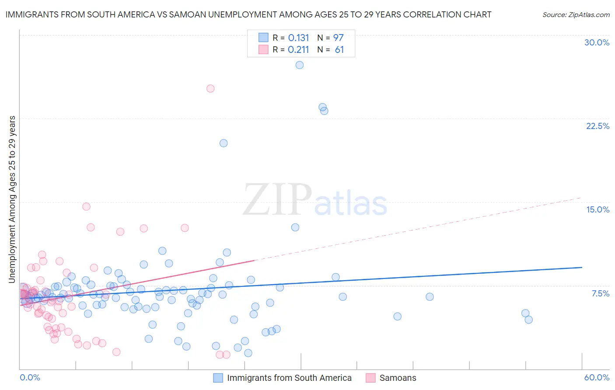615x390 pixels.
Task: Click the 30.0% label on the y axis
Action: click(597, 42)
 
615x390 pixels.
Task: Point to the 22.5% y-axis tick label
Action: click(598, 126)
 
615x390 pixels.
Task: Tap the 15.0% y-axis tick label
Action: click(598, 209)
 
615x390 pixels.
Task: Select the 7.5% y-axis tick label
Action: click(600, 293)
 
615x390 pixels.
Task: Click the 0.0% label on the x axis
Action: click(30, 377)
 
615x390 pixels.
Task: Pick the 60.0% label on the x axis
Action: click(597, 377)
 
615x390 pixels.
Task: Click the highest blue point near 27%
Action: click(300, 65)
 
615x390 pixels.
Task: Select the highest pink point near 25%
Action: click(210, 88)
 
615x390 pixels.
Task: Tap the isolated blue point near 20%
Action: click(224, 143)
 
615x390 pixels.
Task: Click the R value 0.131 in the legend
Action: click(298, 38)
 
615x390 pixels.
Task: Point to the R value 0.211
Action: click(298, 50)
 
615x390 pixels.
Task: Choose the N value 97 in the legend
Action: click(338, 38)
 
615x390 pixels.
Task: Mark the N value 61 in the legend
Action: click(339, 50)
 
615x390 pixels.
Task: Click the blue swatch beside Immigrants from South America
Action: click(218, 378)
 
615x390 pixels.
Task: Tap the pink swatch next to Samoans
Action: click(370, 378)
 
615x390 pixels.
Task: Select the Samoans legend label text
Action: click(398, 378)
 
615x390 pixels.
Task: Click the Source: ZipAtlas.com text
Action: click(576, 15)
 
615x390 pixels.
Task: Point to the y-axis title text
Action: click(12, 199)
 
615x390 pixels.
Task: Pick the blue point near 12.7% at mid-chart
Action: click(295, 227)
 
